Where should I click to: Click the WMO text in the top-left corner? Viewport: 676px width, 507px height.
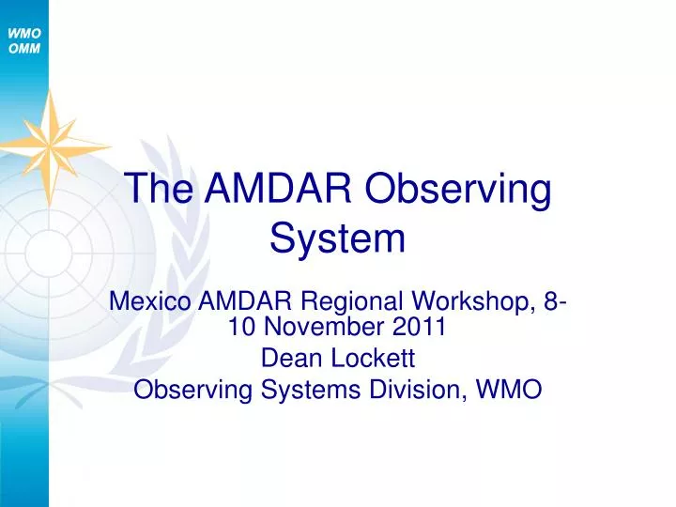23,33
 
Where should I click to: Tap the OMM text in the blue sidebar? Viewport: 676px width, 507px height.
23,49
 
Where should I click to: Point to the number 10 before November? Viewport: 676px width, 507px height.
240,327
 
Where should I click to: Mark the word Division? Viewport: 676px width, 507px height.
421,389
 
